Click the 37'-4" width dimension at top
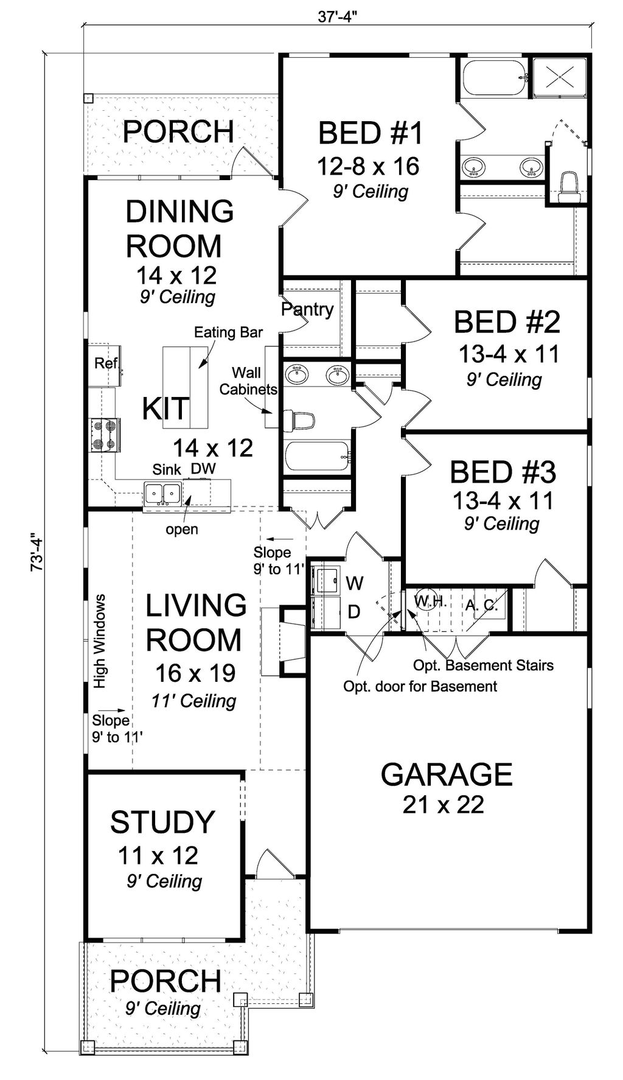click(x=337, y=16)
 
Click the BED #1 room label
click(x=370, y=133)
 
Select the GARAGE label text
click(x=446, y=774)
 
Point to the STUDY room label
click(x=162, y=822)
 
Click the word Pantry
click(x=307, y=309)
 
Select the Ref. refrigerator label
click(x=106, y=363)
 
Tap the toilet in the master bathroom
click(x=568, y=185)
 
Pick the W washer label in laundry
click(x=355, y=583)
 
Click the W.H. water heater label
click(x=431, y=602)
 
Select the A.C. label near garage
click(x=482, y=605)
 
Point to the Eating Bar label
click(x=228, y=332)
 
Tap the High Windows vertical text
click(x=100, y=641)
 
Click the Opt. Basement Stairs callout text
click(x=483, y=665)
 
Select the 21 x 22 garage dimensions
click(x=443, y=804)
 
